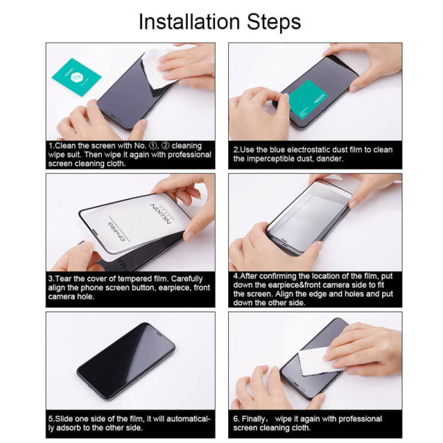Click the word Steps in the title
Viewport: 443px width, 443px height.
point(274,22)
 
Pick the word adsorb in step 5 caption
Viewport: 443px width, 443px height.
point(78,428)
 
